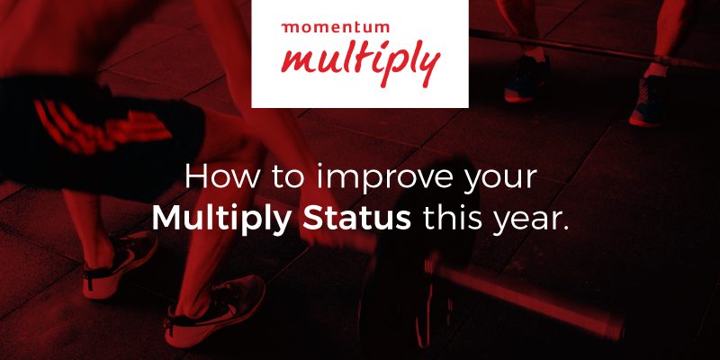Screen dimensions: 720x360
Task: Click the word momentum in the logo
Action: point(335,28)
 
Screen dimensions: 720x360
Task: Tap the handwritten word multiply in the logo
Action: point(361,63)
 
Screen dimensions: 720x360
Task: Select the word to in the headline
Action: point(287,178)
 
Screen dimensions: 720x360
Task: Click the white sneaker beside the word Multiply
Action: point(121,265)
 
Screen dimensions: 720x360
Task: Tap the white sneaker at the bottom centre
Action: point(214,310)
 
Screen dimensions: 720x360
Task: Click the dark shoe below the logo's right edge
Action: point(526,79)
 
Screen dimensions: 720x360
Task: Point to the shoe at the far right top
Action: point(648,101)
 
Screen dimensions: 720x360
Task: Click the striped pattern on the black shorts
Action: point(102,125)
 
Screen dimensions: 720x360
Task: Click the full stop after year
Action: point(565,228)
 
